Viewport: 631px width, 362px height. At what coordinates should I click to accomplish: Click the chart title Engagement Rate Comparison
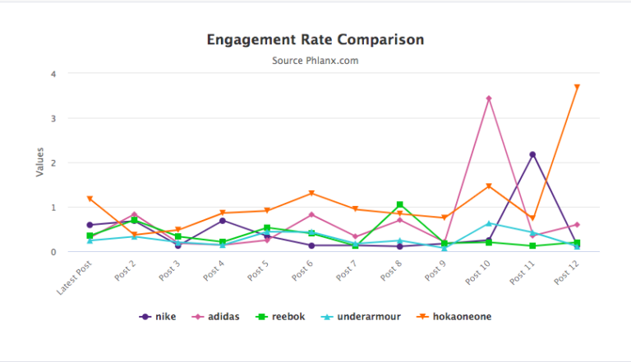315,39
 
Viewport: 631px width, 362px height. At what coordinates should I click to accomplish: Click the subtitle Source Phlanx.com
315,60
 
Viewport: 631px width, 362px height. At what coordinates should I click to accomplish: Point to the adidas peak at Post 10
489,99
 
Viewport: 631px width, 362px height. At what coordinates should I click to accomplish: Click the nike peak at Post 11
532,154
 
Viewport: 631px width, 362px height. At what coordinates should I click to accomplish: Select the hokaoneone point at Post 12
577,87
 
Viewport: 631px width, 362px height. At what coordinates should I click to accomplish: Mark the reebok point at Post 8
399,204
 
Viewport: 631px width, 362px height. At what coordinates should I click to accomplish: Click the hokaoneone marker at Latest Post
90,199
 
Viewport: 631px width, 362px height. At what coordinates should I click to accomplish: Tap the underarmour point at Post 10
489,223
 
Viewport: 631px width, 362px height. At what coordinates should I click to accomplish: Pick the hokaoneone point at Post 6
311,194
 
